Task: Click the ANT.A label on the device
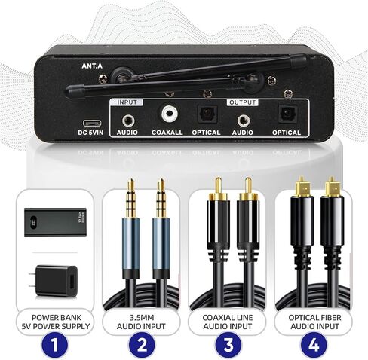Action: [x=92, y=65]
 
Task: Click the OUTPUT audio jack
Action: [x=244, y=118]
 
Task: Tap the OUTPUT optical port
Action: [x=287, y=116]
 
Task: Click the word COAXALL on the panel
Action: [x=167, y=133]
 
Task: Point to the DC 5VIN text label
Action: [x=91, y=133]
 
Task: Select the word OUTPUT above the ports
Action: [x=243, y=101]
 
